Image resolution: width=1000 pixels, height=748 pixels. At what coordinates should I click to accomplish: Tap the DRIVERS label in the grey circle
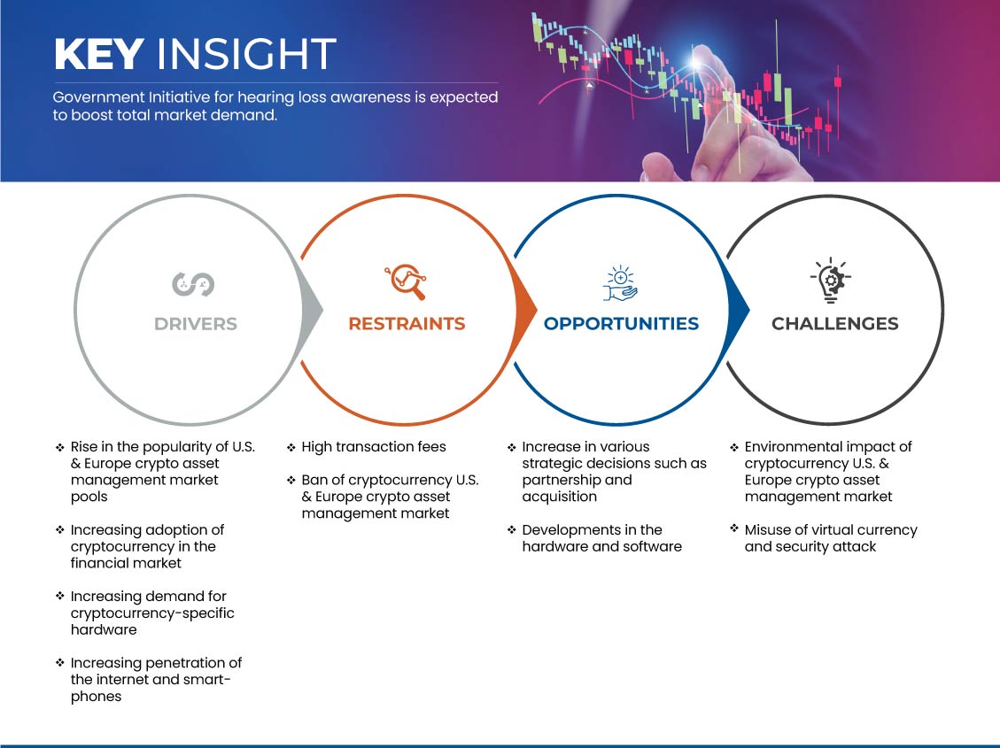click(195, 324)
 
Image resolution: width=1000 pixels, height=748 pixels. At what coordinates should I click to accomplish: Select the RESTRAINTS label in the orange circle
click(407, 324)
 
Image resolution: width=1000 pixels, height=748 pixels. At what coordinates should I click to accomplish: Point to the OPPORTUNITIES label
click(621, 324)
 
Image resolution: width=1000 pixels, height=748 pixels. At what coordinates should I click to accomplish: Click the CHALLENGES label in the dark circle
click(835, 324)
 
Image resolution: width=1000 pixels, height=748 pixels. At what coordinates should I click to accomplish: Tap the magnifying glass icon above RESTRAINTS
click(406, 281)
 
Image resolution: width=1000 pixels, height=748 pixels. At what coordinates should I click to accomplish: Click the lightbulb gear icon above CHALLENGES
click(830, 281)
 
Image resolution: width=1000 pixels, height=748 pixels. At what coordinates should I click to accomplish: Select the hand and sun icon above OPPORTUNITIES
click(621, 283)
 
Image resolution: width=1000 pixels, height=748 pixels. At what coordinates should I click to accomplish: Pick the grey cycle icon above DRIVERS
click(193, 284)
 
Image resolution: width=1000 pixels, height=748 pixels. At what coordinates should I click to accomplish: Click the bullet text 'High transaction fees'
click(374, 447)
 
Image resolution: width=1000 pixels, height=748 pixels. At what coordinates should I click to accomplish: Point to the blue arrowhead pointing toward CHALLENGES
click(739, 311)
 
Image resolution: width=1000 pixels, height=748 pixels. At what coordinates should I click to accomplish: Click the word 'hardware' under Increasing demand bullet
click(104, 629)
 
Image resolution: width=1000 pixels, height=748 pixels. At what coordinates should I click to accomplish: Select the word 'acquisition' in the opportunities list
click(559, 497)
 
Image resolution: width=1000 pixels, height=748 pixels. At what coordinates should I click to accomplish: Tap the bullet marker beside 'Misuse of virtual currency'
click(734, 528)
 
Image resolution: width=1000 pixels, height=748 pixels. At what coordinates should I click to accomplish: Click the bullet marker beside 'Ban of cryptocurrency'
click(291, 479)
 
